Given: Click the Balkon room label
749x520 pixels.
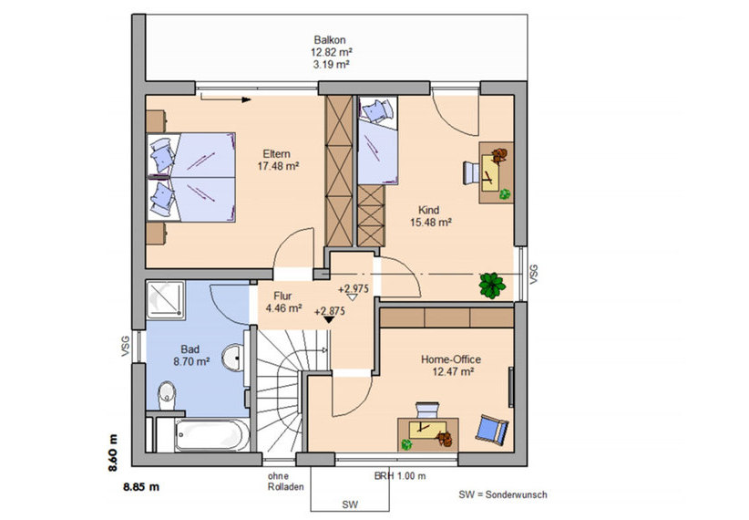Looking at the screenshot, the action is (330, 40).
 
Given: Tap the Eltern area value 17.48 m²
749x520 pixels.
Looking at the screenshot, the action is (278, 166).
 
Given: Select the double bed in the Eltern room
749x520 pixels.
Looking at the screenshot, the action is (191, 177).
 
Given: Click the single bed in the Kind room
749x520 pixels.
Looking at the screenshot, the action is (378, 140).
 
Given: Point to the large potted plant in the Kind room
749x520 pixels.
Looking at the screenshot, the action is (492, 286).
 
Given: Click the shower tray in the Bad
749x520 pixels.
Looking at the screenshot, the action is (165, 299).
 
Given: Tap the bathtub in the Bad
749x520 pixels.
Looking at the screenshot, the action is (211, 435).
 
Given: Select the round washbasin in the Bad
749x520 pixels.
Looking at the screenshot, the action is (233, 357).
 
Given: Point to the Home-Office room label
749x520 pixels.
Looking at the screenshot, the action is (450, 359).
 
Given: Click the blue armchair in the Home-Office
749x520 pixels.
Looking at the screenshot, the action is (491, 428).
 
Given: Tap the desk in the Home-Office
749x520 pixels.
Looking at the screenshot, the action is (428, 434).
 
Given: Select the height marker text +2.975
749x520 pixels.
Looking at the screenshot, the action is (354, 289).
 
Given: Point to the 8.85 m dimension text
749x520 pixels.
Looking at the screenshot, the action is (141, 487).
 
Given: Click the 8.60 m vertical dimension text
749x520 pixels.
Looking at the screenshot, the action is (113, 452).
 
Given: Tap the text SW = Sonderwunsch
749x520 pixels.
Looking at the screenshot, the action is (502, 494).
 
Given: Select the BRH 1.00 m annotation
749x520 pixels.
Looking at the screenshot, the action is (400, 476).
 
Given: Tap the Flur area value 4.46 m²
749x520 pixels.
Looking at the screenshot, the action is (283, 308).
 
